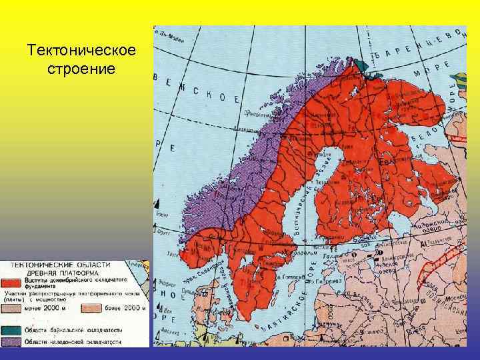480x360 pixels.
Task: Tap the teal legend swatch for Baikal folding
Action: [12, 330]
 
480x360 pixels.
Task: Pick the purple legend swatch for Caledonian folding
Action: [12, 342]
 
